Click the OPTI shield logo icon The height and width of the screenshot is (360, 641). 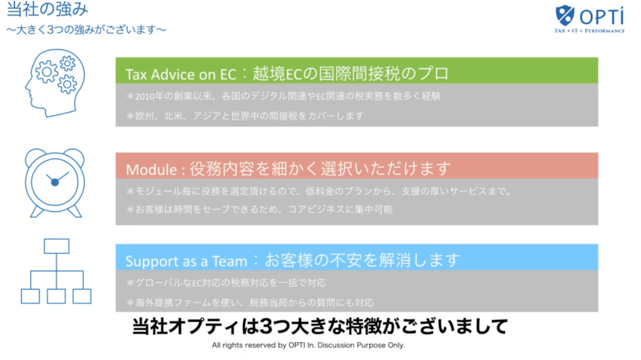coord(565,15)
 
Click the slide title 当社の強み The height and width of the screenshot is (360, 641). coord(47,9)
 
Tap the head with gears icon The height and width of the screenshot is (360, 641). coord(55,83)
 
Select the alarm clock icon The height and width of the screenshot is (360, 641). coord(55,183)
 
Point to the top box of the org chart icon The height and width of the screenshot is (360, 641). coord(56,246)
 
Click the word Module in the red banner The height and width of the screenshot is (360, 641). coord(151,170)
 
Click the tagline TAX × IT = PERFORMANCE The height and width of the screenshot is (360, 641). coord(590,31)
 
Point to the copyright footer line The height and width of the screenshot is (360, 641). coord(308,345)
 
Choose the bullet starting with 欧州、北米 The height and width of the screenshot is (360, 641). coord(245,116)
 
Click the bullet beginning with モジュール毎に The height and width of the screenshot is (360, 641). coord(319,192)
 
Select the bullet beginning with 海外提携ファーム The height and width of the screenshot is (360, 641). coord(250,303)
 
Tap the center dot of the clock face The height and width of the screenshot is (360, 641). coord(55,182)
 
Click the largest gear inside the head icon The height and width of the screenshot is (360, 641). coord(46,72)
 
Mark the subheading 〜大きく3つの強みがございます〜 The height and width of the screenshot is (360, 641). coord(86,30)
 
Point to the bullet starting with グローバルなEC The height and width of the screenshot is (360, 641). coord(226,283)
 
